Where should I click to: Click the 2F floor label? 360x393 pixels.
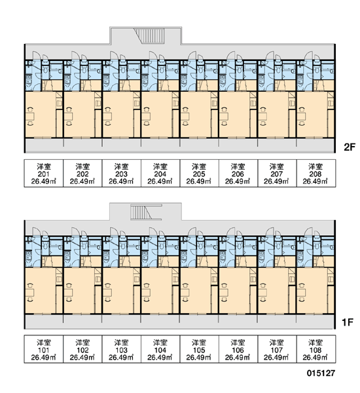[x=350, y=147]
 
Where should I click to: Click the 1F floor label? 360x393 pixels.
[x=348, y=322]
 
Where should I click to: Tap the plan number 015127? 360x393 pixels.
[x=321, y=373]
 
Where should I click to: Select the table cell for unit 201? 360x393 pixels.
[x=44, y=173]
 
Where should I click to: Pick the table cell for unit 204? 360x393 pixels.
[x=160, y=173]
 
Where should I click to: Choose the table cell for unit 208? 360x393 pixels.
[x=316, y=173]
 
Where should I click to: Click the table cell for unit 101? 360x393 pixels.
[x=44, y=349]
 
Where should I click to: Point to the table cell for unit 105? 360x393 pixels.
[x=200, y=349]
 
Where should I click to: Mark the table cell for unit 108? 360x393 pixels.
[x=316, y=349]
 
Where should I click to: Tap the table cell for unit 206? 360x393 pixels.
[x=238, y=173]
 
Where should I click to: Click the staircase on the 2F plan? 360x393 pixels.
[x=149, y=36]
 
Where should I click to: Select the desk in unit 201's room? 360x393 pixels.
[x=30, y=117]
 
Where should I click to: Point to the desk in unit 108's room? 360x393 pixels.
[x=301, y=292]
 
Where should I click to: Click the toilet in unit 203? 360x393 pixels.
[x=123, y=68]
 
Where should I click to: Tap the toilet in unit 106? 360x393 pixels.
[x=240, y=244]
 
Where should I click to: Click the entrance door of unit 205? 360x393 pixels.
[x=192, y=56]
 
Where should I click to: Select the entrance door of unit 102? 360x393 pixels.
[x=75, y=232]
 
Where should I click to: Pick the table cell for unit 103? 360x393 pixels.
[x=122, y=349]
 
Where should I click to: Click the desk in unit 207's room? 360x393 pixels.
[x=262, y=117]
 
